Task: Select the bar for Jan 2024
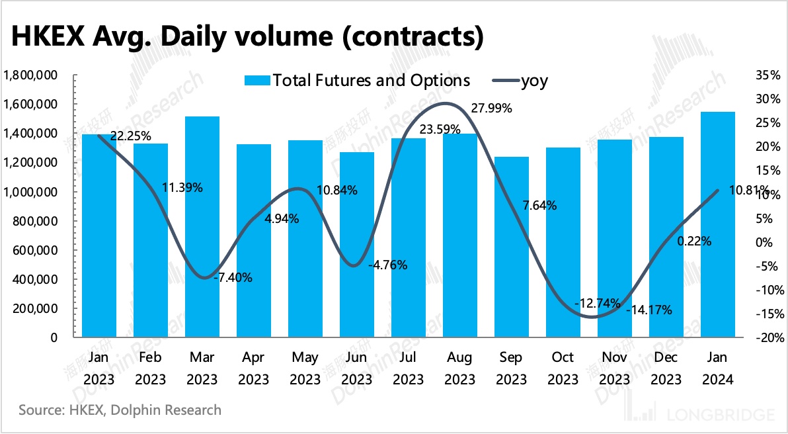tap(718, 225)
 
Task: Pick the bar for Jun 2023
tap(357, 245)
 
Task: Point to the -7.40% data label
tap(233, 278)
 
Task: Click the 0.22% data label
tap(694, 241)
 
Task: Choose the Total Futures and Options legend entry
tap(358, 81)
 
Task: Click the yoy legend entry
tap(522, 81)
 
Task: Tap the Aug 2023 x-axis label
tap(460, 369)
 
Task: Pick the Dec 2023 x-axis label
tap(666, 369)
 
